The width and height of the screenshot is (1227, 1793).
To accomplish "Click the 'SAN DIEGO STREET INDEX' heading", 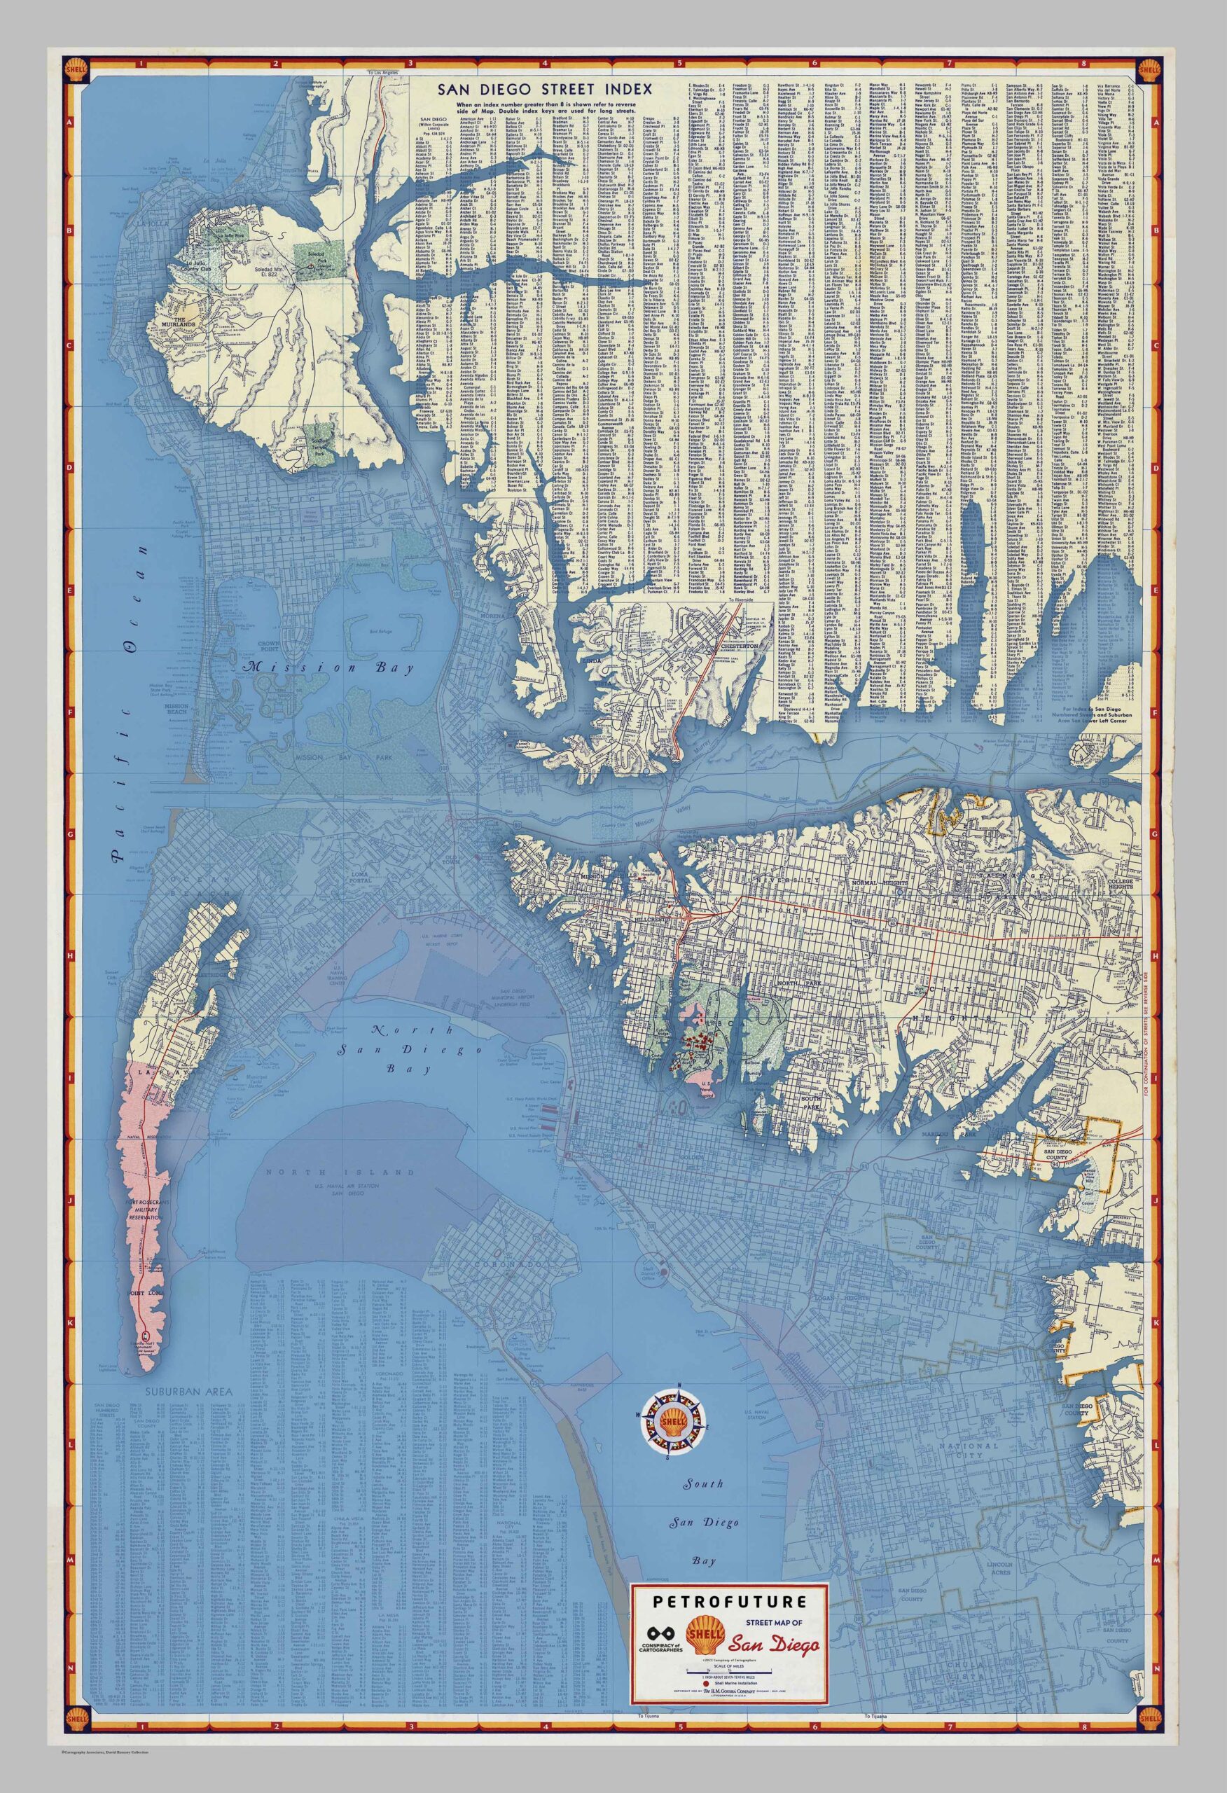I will (x=544, y=89).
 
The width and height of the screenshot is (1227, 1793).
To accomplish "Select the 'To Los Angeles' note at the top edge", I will (x=384, y=71).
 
